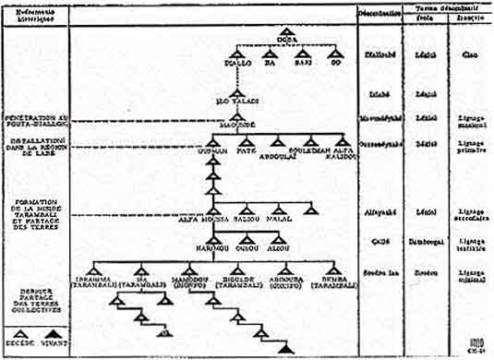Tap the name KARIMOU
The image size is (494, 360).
click(x=211, y=246)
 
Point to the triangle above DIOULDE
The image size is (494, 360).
click(x=237, y=265)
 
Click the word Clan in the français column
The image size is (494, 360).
click(x=468, y=54)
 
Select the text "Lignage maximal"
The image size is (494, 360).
click(x=470, y=122)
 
